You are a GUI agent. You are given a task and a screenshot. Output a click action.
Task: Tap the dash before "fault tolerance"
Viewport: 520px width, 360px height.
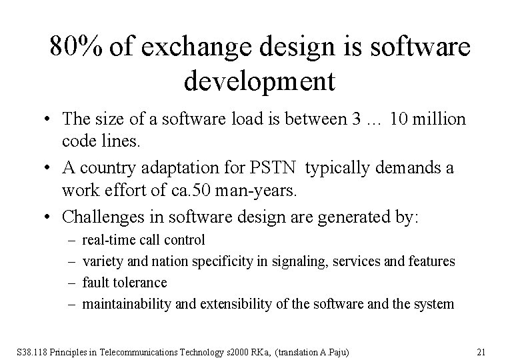70,283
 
